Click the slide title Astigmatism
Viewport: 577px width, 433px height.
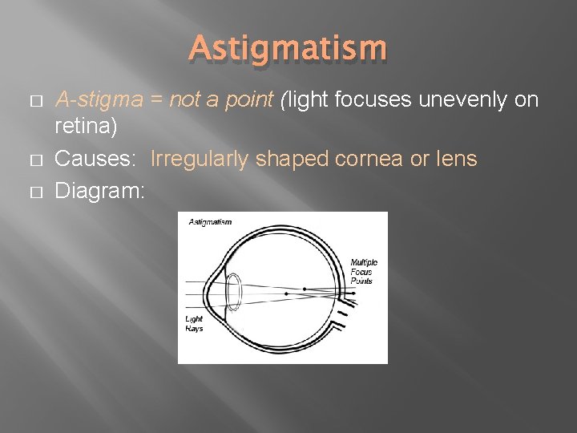click(288, 49)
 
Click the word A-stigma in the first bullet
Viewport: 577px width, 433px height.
click(94, 100)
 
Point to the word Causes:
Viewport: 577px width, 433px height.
click(94, 159)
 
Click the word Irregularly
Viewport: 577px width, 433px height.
click(199, 159)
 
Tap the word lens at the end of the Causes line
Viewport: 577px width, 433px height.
click(456, 159)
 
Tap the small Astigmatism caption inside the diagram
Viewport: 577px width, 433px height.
click(210, 222)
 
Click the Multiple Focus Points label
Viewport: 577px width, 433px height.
click(363, 272)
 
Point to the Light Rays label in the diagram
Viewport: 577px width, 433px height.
click(194, 323)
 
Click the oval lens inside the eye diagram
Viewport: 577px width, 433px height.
click(234, 293)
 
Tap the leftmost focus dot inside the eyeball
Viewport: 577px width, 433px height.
click(286, 293)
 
